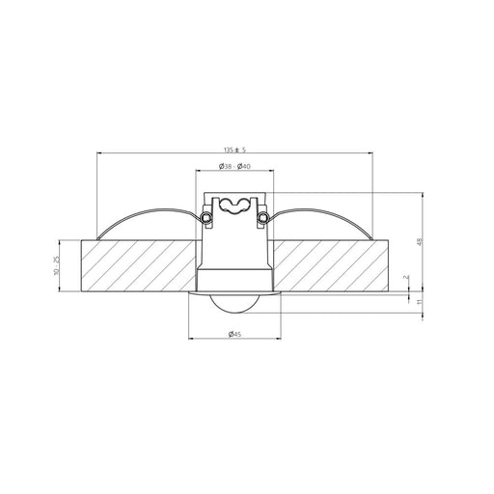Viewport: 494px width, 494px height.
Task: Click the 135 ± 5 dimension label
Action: (x=234, y=150)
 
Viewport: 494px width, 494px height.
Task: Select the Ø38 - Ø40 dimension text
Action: (x=234, y=166)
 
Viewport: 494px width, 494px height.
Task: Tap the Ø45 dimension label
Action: (x=234, y=334)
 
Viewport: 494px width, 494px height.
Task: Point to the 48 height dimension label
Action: (x=419, y=241)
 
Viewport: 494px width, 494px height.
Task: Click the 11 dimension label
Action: (x=419, y=302)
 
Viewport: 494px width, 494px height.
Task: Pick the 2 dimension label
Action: (x=407, y=277)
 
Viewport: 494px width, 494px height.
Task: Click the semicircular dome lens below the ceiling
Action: (x=234, y=304)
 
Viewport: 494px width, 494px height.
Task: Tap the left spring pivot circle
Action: (x=206, y=217)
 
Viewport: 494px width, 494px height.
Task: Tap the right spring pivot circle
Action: (x=262, y=217)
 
